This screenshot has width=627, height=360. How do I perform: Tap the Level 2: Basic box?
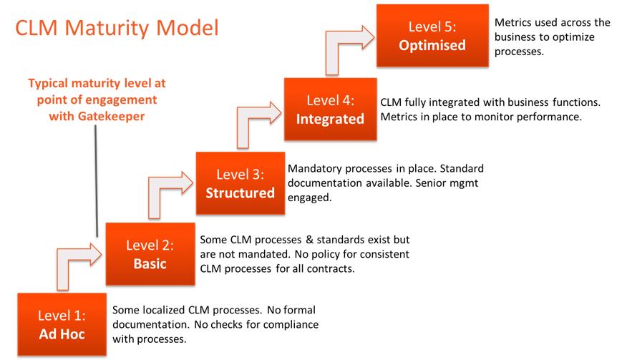pyautogui.click(x=150, y=254)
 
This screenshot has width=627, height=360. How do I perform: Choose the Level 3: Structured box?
pyautogui.click(x=240, y=184)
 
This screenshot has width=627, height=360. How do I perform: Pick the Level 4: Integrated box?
pyautogui.click(x=330, y=110)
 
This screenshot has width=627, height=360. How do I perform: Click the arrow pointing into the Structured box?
pyautogui.click(x=169, y=190)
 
